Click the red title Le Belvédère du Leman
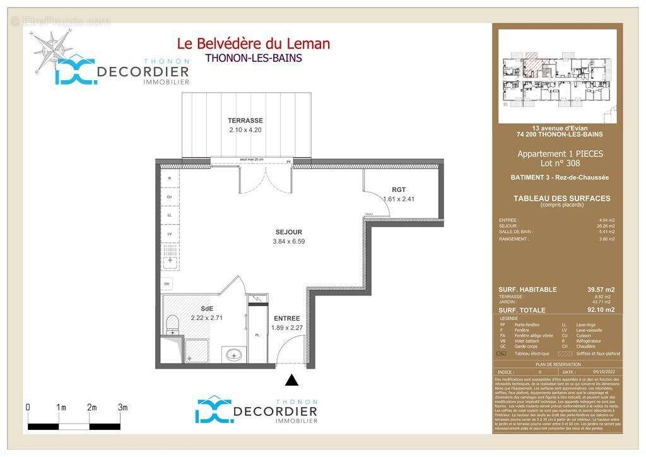tap(253, 44)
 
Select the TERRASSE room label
tap(245, 121)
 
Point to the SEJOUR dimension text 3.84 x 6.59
tap(289, 241)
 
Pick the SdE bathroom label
tap(207, 309)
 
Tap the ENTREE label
tap(286, 318)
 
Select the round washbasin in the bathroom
tap(233, 355)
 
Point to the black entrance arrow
tap(291, 380)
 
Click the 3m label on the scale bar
tap(123, 408)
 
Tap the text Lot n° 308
tap(560, 163)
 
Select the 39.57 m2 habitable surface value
tap(601, 290)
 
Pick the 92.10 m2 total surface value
tap(601, 311)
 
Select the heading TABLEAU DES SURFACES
tap(561, 198)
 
